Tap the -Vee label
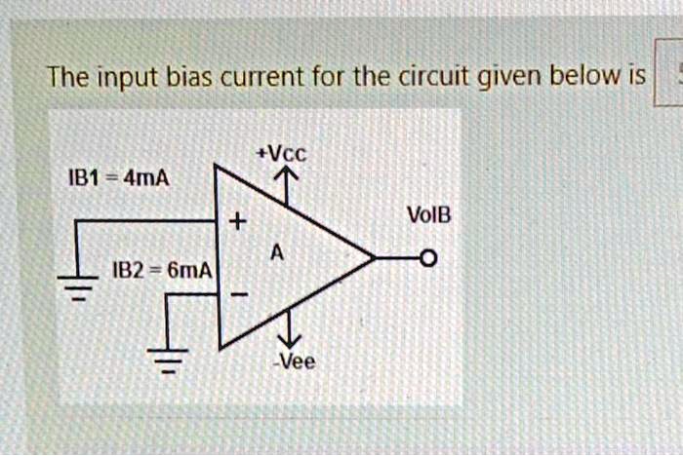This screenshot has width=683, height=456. [x=295, y=361]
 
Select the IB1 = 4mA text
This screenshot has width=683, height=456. [x=117, y=179]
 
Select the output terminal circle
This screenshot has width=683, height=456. [x=426, y=259]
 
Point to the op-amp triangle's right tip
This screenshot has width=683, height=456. [x=373, y=259]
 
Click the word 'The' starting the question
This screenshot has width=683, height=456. [x=70, y=75]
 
